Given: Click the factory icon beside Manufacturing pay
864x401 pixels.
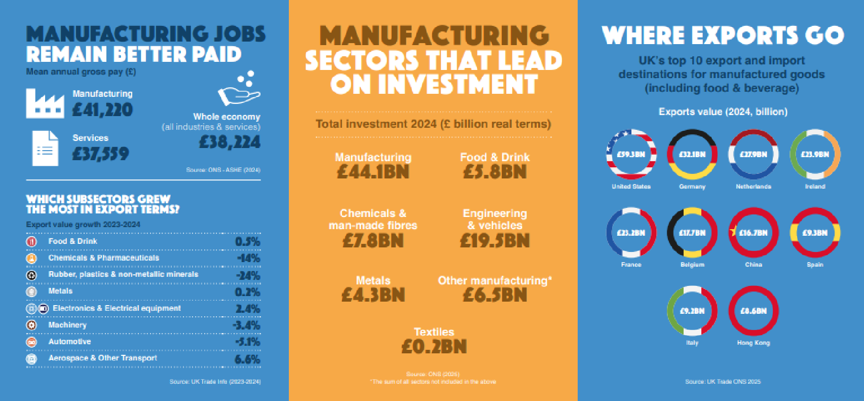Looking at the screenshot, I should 45,104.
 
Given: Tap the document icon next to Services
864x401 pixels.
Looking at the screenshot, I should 45,148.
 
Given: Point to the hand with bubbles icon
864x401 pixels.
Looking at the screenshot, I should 239,89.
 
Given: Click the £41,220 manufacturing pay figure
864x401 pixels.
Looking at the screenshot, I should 102,110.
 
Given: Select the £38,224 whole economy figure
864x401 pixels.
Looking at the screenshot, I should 230,142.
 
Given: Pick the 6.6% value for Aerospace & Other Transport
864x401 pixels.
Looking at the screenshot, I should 247,359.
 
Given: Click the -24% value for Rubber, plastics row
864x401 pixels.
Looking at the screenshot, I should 248,275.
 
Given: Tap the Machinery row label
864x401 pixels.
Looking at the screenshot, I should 67,325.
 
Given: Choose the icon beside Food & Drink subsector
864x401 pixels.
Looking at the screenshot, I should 31,241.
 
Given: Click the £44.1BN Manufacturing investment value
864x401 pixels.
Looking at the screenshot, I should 373,172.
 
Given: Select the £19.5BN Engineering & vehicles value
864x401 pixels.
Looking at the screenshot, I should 495,240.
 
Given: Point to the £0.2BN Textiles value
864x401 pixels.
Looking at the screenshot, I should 434,347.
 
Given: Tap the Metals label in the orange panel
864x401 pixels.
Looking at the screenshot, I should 373,280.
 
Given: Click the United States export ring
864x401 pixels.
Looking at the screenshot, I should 631,154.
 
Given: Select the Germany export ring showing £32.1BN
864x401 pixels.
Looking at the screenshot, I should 692,154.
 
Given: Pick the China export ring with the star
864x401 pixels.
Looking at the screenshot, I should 753,233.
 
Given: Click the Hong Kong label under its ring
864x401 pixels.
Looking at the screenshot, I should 753,343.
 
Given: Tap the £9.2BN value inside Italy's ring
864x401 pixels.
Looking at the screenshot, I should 692,311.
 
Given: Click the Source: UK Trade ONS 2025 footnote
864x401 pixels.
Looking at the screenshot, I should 723,381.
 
